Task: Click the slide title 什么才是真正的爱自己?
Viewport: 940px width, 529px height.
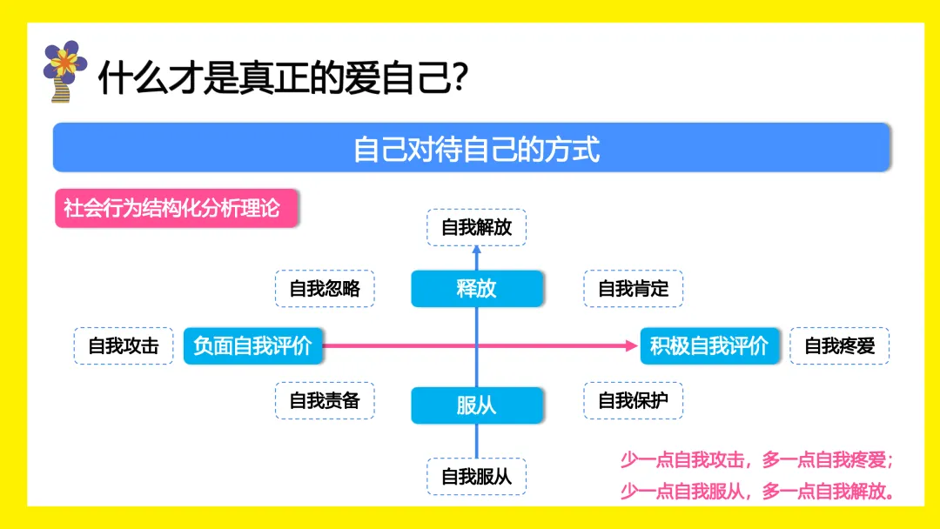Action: click(284, 77)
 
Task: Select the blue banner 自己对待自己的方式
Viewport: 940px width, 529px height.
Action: click(472, 148)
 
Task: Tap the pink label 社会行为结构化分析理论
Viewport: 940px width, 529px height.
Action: click(171, 209)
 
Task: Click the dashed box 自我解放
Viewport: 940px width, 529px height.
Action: click(476, 228)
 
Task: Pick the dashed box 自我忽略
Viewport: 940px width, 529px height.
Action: click(325, 289)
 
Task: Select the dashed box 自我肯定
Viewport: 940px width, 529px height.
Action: click(633, 289)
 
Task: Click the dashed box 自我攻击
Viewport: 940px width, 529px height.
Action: click(124, 345)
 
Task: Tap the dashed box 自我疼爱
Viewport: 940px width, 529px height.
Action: click(839, 345)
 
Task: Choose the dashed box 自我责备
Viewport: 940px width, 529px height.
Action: click(325, 401)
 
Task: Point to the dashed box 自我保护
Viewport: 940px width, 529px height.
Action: click(633, 401)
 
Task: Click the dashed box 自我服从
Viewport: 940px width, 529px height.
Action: click(476, 477)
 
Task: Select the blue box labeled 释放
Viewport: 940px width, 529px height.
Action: click(476, 289)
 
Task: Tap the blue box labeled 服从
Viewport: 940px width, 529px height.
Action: click(476, 405)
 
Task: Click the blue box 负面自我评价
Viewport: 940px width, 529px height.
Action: click(252, 345)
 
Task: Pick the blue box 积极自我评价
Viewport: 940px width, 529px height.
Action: click(709, 345)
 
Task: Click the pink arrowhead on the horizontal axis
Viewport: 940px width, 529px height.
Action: click(633, 345)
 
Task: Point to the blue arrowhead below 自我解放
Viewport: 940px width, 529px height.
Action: click(476, 251)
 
